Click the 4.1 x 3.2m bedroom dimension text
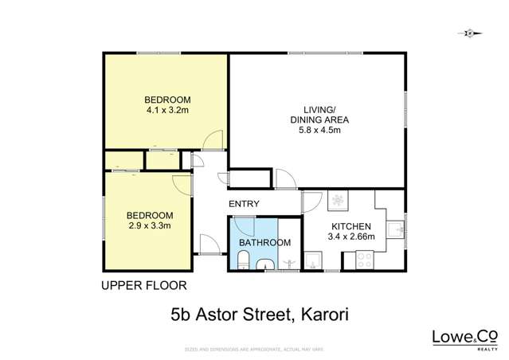(x=167, y=111)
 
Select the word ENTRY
(x=244, y=204)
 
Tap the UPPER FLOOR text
(x=144, y=284)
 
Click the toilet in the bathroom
(x=245, y=260)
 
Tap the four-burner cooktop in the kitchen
(x=366, y=259)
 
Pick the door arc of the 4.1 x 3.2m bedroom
(x=211, y=141)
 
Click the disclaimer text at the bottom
(x=254, y=350)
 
